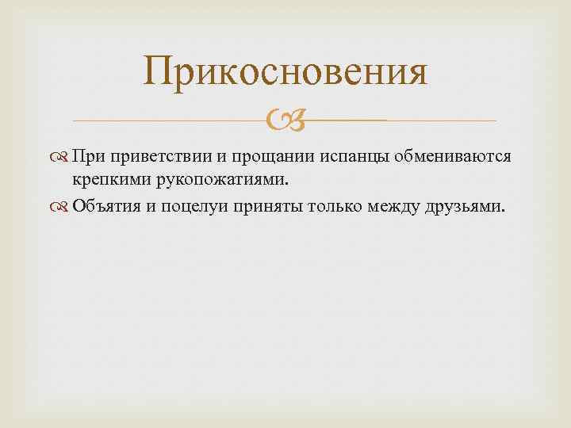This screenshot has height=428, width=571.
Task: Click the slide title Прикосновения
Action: [285, 73]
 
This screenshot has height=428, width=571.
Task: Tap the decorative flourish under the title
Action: [285, 120]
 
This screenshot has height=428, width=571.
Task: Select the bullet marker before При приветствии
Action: [65, 158]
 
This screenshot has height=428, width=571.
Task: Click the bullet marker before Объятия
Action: [65, 207]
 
